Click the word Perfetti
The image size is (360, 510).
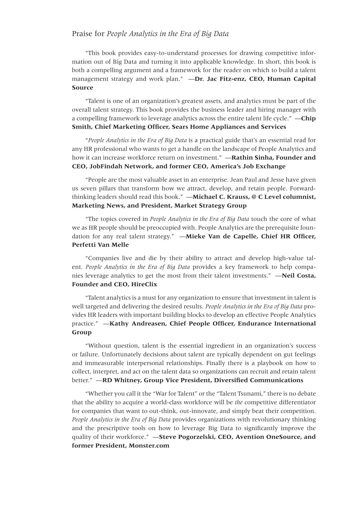83,245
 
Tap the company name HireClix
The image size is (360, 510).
144,284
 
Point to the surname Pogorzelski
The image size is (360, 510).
196,437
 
